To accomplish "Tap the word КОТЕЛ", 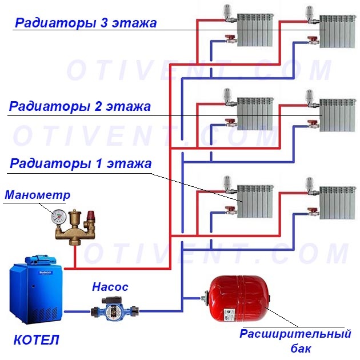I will tap(36, 341).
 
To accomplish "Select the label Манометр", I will tap(38, 195).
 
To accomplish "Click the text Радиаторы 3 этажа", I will tap(86, 23).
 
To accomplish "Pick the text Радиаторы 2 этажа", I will tap(80, 106).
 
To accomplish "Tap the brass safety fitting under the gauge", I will tap(74, 229).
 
